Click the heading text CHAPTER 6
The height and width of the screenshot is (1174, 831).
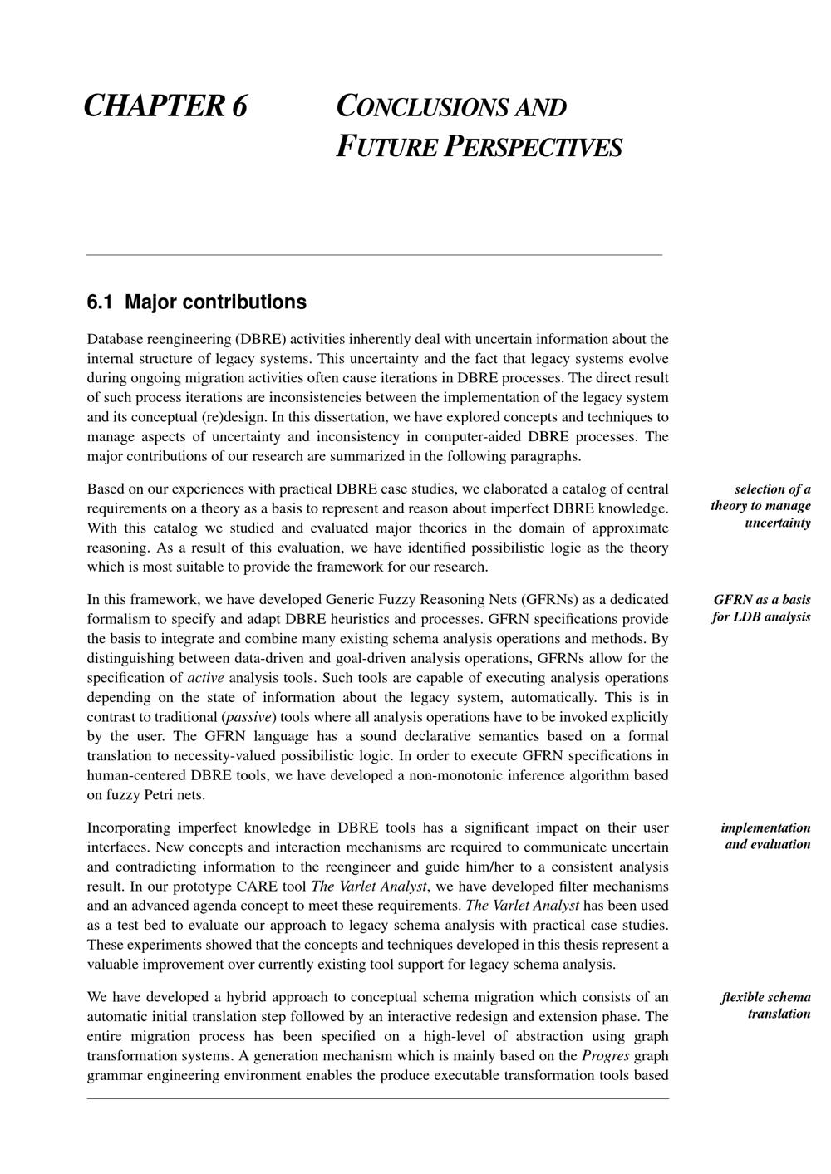(166, 106)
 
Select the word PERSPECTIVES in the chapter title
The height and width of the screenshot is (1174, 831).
(532, 147)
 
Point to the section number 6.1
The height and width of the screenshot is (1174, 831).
(100, 302)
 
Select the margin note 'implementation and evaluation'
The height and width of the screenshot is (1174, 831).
(766, 836)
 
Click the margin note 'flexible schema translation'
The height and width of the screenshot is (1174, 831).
(766, 1005)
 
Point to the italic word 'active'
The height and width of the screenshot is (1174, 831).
(205, 678)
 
